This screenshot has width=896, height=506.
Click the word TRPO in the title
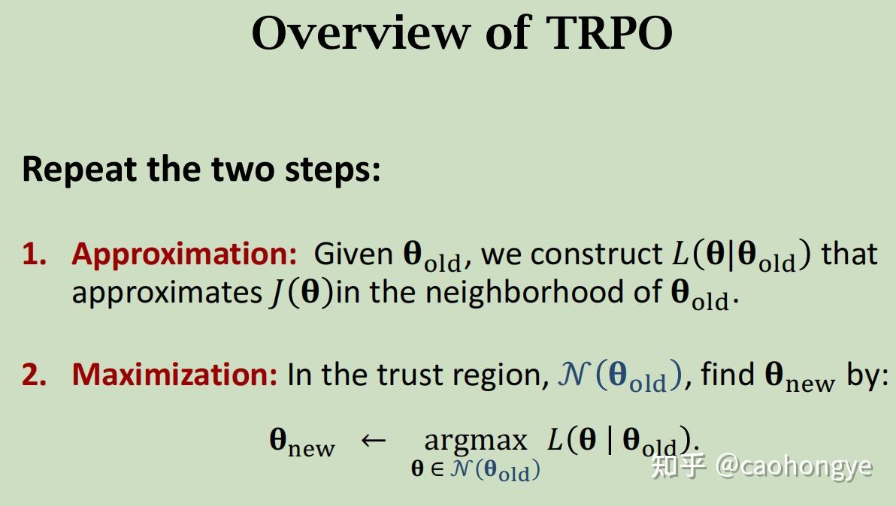609,33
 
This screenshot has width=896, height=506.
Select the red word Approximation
185,255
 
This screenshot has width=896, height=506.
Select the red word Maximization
174,374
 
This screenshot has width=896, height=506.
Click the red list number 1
33,255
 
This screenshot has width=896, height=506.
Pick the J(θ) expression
301,292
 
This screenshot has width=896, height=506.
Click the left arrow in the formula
374,440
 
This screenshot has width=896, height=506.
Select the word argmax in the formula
475,440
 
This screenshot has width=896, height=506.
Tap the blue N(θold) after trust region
619,375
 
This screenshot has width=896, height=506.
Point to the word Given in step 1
353,255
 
